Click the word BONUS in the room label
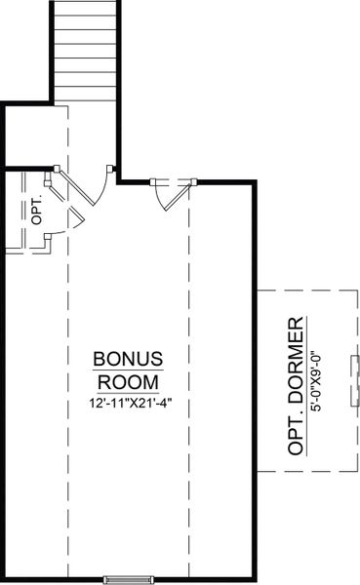point(127,358)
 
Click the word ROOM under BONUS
point(127,380)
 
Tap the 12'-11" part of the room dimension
point(104,401)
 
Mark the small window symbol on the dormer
point(356,380)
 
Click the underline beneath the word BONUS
point(127,369)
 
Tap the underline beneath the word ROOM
point(127,391)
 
